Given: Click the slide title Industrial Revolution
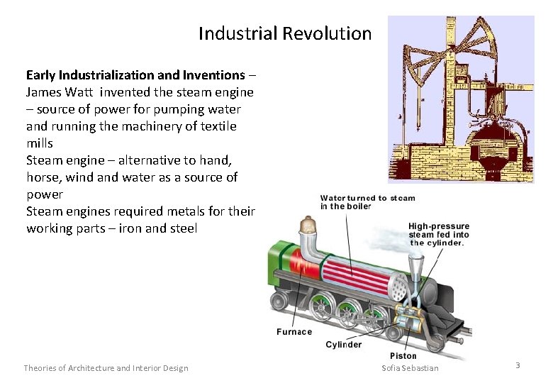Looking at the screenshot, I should tap(284, 33).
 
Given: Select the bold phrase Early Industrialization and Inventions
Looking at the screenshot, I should tap(135, 75).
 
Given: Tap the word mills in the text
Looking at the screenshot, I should tap(40, 143).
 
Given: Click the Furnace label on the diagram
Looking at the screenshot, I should tap(294, 332).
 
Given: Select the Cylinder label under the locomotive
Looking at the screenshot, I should tap(343, 345).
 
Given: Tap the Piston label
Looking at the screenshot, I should tap(403, 356).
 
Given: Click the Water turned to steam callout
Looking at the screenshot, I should tap(367, 202).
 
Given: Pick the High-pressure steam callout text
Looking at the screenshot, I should tap(438, 234).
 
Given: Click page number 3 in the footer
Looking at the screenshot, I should tap(518, 365).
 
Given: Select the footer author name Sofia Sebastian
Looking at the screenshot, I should tap(410, 368).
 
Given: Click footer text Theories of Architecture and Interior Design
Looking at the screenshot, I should tap(106, 368).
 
